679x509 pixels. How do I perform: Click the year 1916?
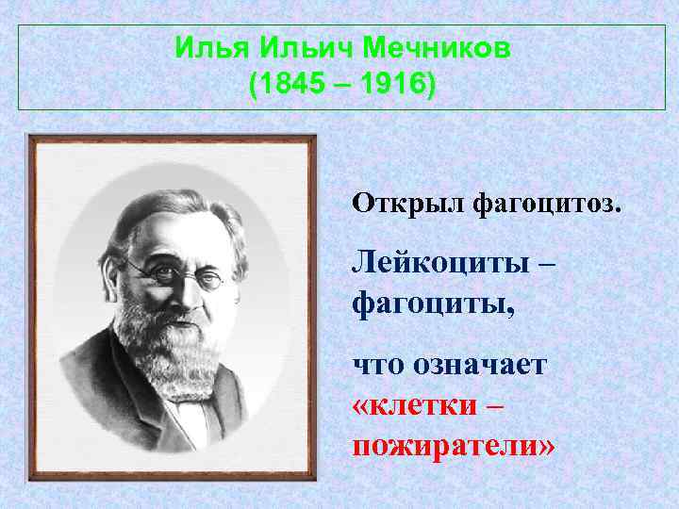[x=391, y=86]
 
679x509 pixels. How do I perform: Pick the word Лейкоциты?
[x=439, y=264]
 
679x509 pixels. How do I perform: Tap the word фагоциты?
[x=421, y=302]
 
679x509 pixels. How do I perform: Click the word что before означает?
[x=378, y=364]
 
